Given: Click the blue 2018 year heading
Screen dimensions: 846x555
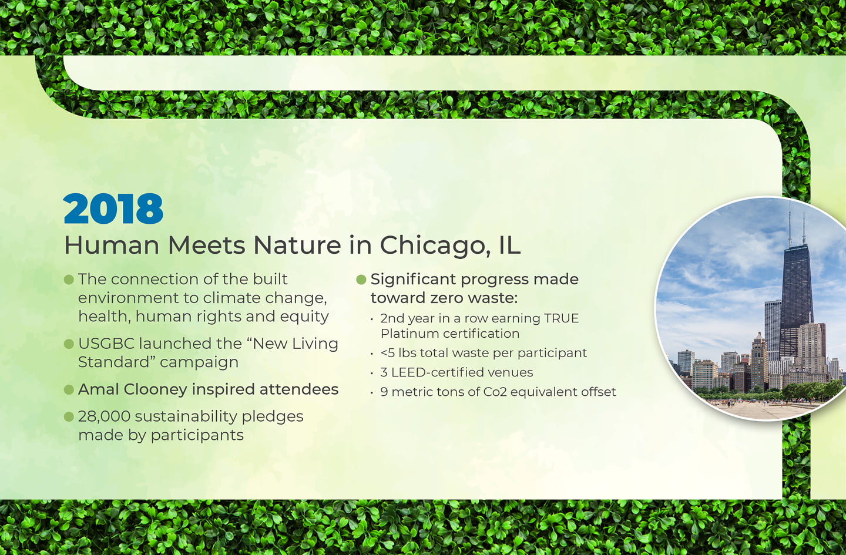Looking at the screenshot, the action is [x=113, y=208].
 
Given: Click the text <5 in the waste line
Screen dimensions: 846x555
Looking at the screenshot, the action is [x=388, y=353].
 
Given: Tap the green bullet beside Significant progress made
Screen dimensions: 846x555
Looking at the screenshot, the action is [x=361, y=280].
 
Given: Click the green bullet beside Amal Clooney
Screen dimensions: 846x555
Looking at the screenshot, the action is [x=69, y=389].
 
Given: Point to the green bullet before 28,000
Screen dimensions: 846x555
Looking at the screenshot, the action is [x=69, y=417].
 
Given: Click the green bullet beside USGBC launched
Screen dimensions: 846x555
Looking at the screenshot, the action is [x=69, y=344].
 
